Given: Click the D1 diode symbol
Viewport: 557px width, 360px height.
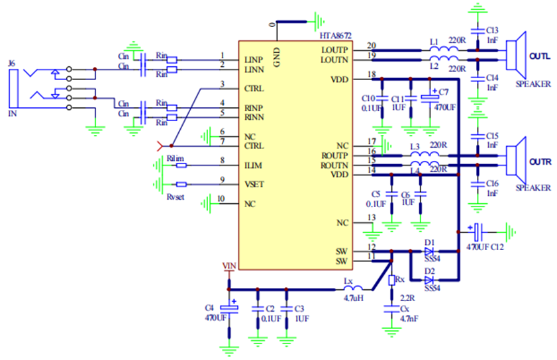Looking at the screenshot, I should [429, 251].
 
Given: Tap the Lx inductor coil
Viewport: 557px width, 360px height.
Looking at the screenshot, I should [352, 289].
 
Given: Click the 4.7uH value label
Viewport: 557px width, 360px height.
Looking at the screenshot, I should [354, 298].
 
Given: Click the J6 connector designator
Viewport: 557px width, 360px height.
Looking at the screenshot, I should [11, 64].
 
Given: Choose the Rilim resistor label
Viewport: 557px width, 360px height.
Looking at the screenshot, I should [176, 157].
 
